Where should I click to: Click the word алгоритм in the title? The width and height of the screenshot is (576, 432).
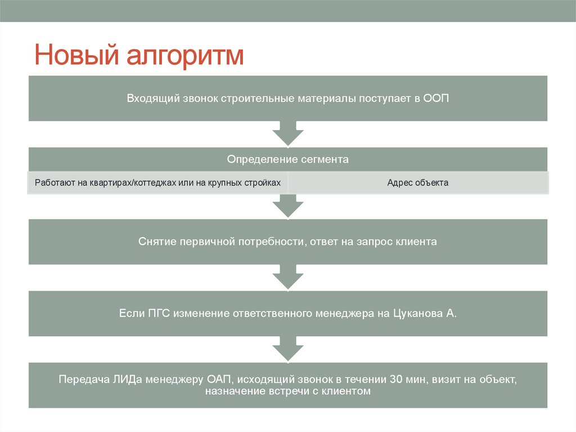(184, 57)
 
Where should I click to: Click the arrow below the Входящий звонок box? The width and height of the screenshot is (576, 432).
(287, 134)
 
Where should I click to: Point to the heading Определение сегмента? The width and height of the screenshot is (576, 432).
(287, 159)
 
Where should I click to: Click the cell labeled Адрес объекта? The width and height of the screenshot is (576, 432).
(418, 183)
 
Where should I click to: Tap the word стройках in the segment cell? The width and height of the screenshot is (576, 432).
(262, 183)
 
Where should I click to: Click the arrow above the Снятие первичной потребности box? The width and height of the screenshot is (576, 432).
(287, 206)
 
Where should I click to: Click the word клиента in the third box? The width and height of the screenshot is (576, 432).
(416, 242)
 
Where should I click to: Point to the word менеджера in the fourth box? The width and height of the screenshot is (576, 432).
(344, 314)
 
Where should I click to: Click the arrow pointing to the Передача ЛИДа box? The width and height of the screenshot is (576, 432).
(287, 350)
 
